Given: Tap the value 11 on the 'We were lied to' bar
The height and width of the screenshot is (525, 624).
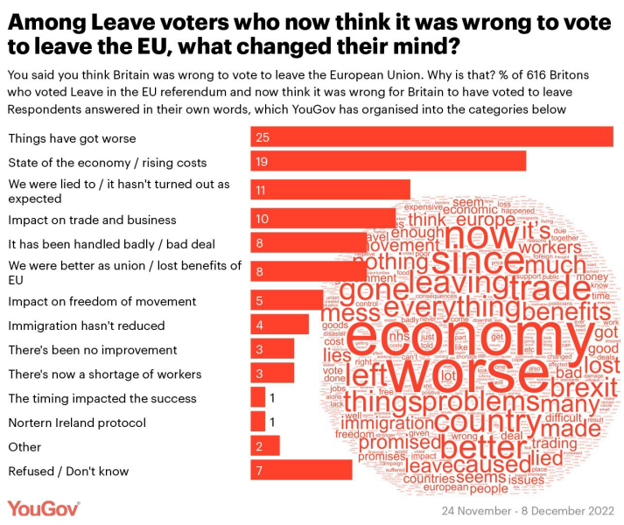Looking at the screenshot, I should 261,190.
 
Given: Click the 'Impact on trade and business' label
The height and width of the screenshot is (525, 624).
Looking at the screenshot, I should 92,220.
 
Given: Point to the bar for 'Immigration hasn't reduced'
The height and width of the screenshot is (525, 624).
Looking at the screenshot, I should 279,325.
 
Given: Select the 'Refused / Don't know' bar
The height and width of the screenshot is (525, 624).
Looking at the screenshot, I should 301,471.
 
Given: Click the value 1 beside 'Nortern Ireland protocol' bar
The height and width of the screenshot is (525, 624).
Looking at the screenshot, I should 273,423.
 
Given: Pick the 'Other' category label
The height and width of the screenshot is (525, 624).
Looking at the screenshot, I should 25,447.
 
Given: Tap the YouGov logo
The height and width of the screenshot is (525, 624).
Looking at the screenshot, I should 44,508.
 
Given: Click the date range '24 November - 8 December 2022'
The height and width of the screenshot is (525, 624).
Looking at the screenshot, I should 528,510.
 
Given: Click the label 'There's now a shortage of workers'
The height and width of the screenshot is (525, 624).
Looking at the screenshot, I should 104,374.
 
